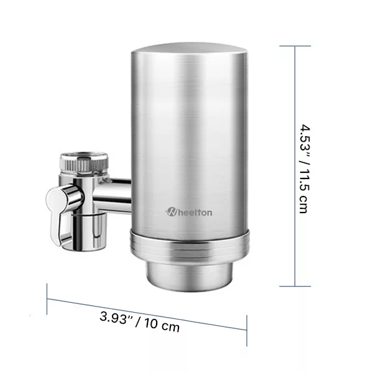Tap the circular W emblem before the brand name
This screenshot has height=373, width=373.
[172, 212]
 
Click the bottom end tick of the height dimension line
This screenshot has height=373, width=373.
[294, 286]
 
